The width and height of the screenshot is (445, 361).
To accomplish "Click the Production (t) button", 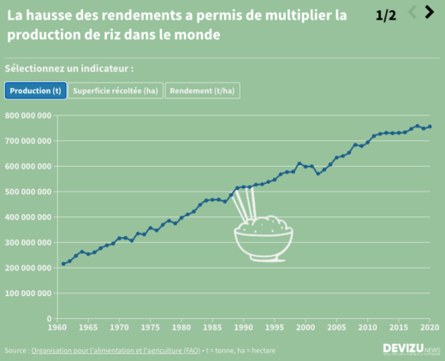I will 35,91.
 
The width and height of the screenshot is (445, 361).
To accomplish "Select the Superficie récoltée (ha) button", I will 116,91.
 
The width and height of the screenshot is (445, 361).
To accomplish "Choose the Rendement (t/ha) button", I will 203,91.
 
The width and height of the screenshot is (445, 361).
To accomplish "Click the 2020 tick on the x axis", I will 430,327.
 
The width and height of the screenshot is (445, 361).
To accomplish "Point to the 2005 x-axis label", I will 336,327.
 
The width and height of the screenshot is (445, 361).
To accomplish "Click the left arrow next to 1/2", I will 412,12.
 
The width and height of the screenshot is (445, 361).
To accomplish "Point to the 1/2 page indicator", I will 386,15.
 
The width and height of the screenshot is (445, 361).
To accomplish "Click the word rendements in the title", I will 144,15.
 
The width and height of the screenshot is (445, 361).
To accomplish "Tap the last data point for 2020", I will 430,127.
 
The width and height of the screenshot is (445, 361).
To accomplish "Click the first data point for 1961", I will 62,263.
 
